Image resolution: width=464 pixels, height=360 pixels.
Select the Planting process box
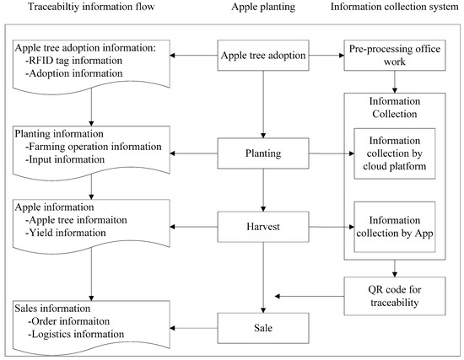(x=263, y=153)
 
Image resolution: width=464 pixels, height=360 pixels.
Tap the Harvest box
(x=263, y=225)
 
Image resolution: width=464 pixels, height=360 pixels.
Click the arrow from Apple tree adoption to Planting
(x=263, y=103)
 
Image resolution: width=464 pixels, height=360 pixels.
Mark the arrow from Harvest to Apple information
(x=195, y=225)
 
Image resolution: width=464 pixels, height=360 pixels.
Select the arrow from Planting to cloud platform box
(x=326, y=153)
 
